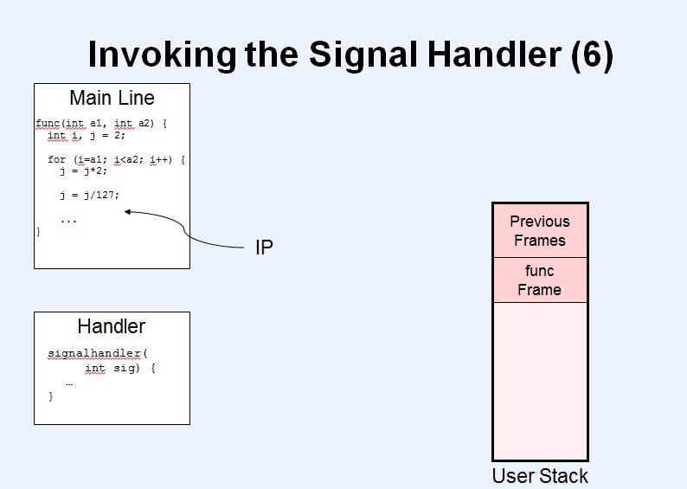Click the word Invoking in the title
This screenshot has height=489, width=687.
[x=162, y=55]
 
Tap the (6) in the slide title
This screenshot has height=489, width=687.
[x=593, y=55]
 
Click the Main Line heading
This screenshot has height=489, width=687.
[x=112, y=98]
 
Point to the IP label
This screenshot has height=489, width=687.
[x=264, y=248]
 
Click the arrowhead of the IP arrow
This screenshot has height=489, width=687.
[x=127, y=212]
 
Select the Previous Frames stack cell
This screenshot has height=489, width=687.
[x=540, y=230]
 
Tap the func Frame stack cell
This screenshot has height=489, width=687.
[x=540, y=280]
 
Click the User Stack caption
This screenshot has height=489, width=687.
[x=540, y=476]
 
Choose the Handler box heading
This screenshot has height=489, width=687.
[x=112, y=326]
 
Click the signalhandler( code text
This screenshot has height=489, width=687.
[x=98, y=354]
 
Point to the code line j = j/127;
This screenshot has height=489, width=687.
[x=89, y=195]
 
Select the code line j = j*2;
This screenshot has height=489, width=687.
[x=83, y=171]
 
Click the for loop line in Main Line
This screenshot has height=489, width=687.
[x=117, y=159]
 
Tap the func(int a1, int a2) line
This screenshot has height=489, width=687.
[x=101, y=124]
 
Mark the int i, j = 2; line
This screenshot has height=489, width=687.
[x=87, y=135]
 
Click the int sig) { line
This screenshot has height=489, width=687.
[x=120, y=368]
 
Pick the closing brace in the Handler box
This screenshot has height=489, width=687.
[x=51, y=396]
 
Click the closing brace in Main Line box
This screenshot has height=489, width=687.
[x=39, y=231]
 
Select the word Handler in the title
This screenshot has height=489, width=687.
[x=495, y=55]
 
